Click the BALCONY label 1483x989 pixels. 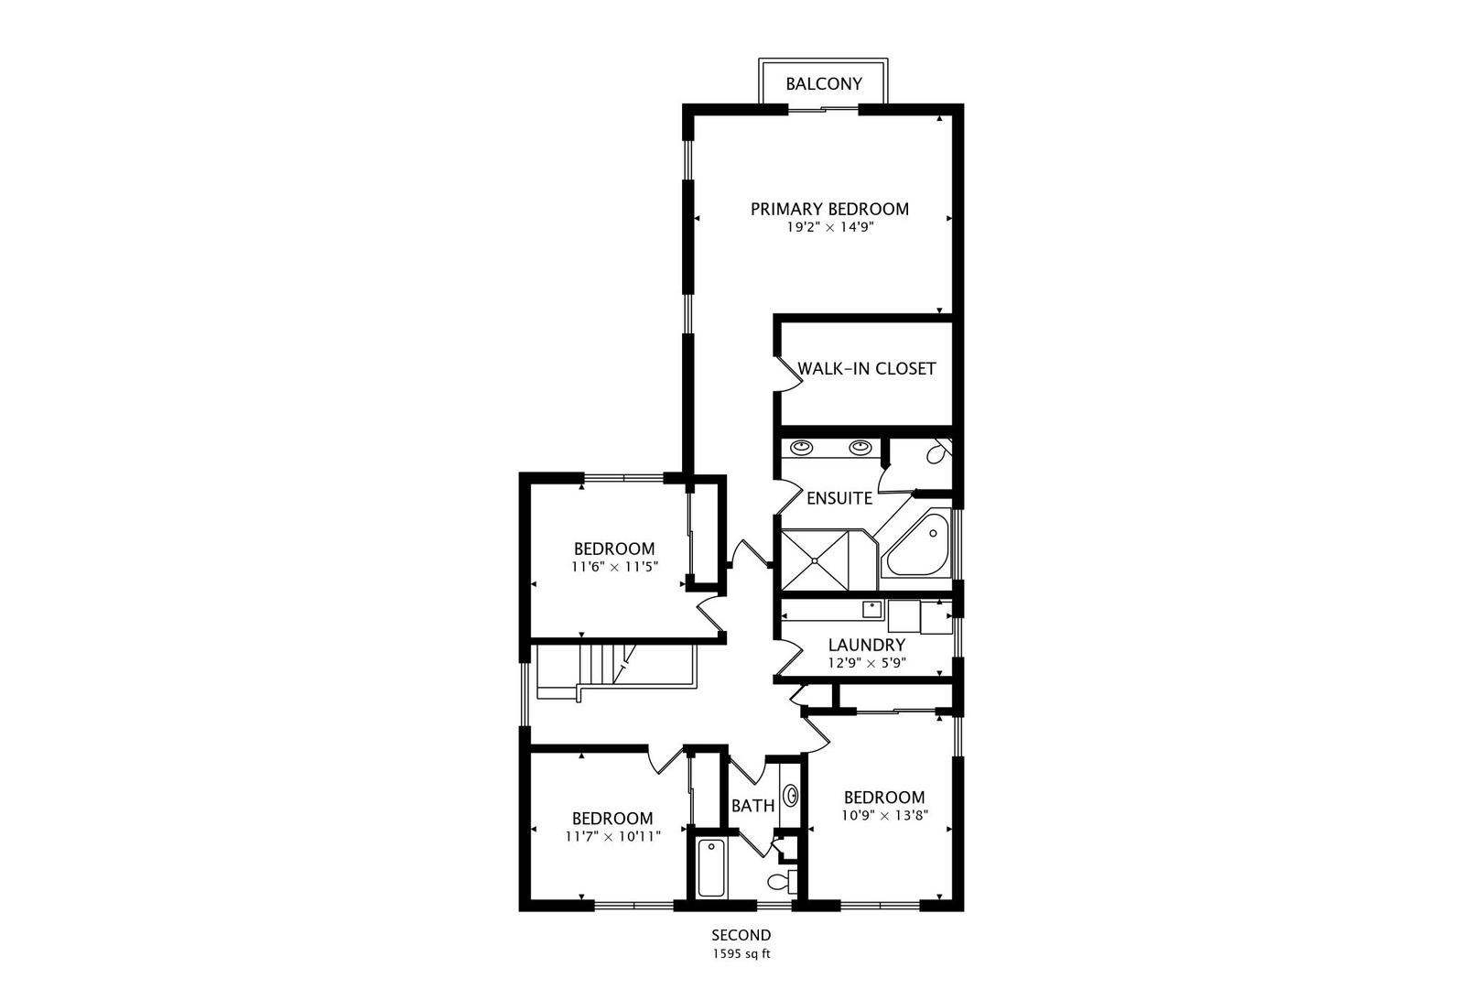tap(824, 84)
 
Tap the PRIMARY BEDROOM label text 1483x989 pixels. tap(829, 210)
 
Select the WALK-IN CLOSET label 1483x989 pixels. tap(867, 368)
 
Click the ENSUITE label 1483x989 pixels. tap(839, 498)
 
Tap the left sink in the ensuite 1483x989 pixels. tap(802, 447)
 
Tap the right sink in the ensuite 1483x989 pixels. tap(860, 447)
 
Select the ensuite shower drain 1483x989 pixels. tap(815, 560)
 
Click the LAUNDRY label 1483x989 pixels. tap(867, 645)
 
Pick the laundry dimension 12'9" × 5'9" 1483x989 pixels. tap(867, 662)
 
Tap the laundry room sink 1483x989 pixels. tap(871, 609)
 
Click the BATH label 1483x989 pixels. tap(752, 806)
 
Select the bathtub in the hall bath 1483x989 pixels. tap(711, 868)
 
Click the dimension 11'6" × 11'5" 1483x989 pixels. tap(614, 567)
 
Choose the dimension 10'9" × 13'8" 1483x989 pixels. tap(884, 815)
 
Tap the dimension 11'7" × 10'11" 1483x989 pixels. tap(612, 837)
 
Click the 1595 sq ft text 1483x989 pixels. tap(741, 954)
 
